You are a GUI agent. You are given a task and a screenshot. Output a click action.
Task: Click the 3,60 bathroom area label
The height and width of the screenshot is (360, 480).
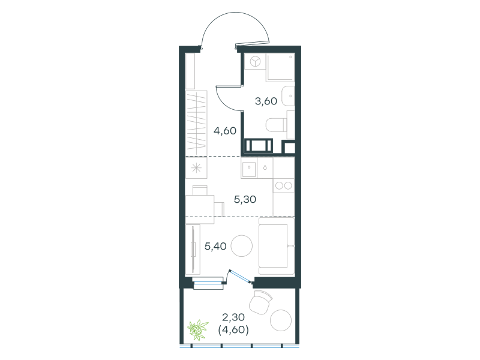pyautogui.click(x=266, y=101)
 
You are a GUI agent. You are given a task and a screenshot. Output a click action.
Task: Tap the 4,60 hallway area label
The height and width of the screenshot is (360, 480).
pyautogui.click(x=225, y=131)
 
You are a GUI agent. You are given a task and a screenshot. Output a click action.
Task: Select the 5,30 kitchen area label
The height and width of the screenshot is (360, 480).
pyautogui.click(x=245, y=200)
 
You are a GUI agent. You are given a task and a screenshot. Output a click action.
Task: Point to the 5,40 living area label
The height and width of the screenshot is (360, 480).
pyautogui.click(x=215, y=246)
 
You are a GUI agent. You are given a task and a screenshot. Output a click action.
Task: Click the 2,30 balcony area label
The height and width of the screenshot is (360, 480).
pyautogui.click(x=233, y=317)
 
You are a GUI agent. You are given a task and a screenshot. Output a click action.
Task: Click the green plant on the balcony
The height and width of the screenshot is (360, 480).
pyautogui.click(x=198, y=329)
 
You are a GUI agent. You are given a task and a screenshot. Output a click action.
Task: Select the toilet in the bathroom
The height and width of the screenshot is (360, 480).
pyautogui.click(x=276, y=125)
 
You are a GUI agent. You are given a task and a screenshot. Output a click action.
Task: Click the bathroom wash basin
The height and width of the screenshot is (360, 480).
pyautogui.click(x=288, y=96)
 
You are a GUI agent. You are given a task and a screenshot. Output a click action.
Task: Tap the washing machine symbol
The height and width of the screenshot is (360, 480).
pyautogui.click(x=255, y=62)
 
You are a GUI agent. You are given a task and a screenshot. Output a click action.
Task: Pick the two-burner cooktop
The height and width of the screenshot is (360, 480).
pyautogui.click(x=284, y=185)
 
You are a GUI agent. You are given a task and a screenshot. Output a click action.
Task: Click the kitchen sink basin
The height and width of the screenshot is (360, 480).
pyautogui.click(x=249, y=168)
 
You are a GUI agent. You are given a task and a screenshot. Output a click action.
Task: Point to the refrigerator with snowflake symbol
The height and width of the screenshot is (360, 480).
pyautogui.click(x=196, y=168)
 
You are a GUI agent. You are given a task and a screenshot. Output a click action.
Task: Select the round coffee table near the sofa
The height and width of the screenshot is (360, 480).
pyautogui.click(x=242, y=245)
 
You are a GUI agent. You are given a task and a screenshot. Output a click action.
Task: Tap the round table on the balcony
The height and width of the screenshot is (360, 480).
pyautogui.click(x=281, y=320)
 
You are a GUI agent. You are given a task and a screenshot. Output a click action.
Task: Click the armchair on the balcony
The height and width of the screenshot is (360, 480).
pyautogui.click(x=261, y=302)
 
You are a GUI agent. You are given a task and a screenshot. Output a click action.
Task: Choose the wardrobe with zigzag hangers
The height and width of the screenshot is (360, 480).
pyautogui.click(x=196, y=123)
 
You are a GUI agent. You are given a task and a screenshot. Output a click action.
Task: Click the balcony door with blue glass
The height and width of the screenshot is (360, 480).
pyautogui.click(x=241, y=276)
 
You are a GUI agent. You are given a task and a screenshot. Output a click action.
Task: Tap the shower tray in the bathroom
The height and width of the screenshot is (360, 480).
pyautogui.click(x=280, y=67)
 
